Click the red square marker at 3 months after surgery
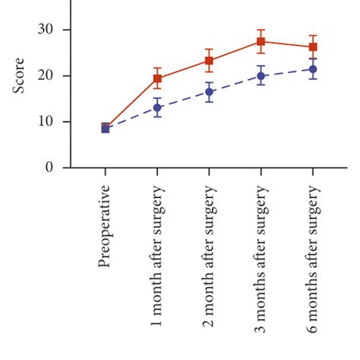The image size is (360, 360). click(261, 42)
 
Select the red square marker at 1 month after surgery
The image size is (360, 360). click(157, 78)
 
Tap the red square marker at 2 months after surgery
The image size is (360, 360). click(209, 61)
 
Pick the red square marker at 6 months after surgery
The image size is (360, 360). click(312, 47)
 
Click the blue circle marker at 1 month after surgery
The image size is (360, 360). click(157, 107)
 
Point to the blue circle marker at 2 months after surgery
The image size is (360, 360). click(209, 92)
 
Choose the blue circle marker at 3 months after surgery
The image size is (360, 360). click(261, 76)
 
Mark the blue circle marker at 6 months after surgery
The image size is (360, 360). click(312, 69)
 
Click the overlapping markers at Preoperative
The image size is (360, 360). click(106, 128)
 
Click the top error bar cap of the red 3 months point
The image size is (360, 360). click(261, 30)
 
